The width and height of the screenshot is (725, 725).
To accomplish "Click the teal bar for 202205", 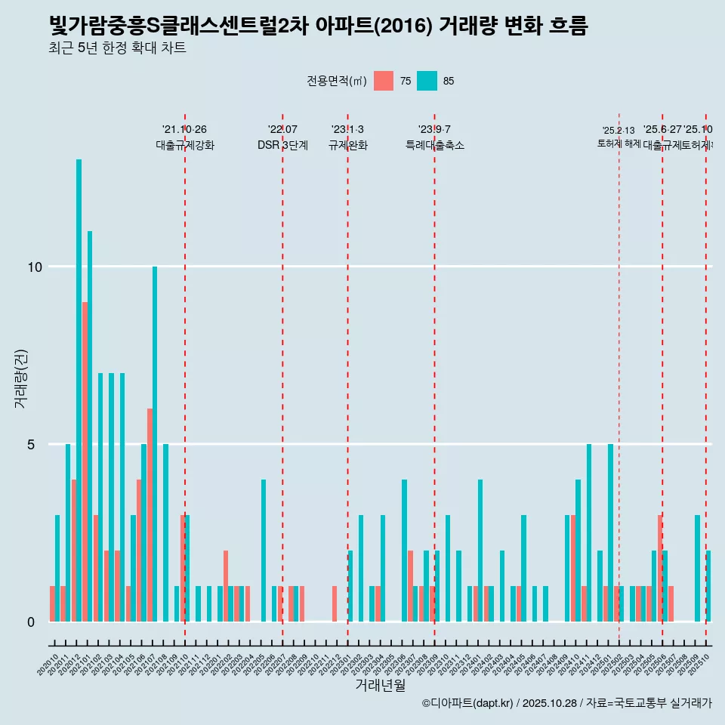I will point(264,551).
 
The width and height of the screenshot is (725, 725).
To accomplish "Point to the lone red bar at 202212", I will point(334,603).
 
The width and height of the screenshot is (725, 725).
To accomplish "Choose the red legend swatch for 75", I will point(384,81).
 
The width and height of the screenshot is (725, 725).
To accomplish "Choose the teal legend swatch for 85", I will point(427,81).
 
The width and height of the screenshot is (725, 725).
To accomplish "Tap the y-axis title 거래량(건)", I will point(20,378).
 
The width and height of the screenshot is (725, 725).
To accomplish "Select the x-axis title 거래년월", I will point(380,686).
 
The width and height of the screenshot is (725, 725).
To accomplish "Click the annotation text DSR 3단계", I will point(282,146).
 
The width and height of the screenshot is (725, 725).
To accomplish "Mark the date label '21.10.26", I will point(184,129).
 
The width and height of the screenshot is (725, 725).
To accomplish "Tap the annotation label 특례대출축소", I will point(434,146).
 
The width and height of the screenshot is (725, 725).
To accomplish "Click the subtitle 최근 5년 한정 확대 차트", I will point(116,48).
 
